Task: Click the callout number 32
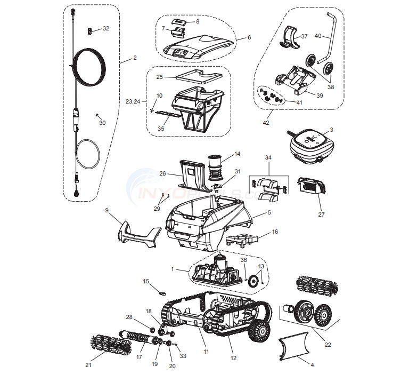pyautogui.click(x=106, y=28)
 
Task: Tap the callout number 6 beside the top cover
pyautogui.click(x=249, y=38)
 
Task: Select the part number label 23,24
pyautogui.click(x=133, y=101)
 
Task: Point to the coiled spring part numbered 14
pyautogui.click(x=215, y=162)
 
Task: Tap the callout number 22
pyautogui.click(x=328, y=345)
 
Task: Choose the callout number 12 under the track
pyautogui.click(x=233, y=358)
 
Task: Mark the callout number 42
pyautogui.click(x=266, y=123)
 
